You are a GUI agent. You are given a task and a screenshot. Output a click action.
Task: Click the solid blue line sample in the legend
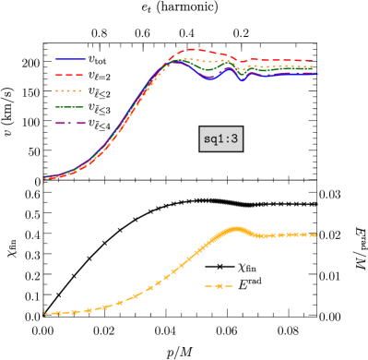pos(70,59)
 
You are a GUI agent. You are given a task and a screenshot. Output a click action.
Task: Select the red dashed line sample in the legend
pos(70,75)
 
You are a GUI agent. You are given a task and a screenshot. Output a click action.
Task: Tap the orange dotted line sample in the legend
pos(70,90)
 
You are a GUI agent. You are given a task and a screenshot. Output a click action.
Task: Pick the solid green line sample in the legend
pos(70,107)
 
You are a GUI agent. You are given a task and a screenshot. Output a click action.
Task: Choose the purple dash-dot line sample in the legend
pos(70,123)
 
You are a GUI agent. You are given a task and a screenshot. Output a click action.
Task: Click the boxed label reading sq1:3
pos(220,138)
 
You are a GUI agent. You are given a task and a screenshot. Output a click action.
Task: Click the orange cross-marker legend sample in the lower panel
pos(219,286)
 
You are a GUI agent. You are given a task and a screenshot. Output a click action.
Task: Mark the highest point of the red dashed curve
pos(192,50)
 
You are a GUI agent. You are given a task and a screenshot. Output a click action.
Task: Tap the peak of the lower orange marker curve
pos(237,228)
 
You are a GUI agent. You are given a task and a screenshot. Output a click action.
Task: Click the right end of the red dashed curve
pos(312,61)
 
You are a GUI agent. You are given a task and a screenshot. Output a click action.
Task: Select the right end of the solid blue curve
pos(318,74)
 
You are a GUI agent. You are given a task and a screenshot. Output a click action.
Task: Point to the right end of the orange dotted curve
pos(312,66)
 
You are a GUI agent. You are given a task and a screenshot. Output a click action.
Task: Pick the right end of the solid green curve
pos(312,71)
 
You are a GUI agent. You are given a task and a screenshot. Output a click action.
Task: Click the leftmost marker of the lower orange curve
pos(44,313)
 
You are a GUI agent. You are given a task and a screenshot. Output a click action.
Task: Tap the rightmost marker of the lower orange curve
pos(315,234)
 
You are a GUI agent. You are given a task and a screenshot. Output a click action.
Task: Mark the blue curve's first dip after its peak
pos(209,79)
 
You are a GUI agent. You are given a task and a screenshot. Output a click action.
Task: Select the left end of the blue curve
pos(44,176)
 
